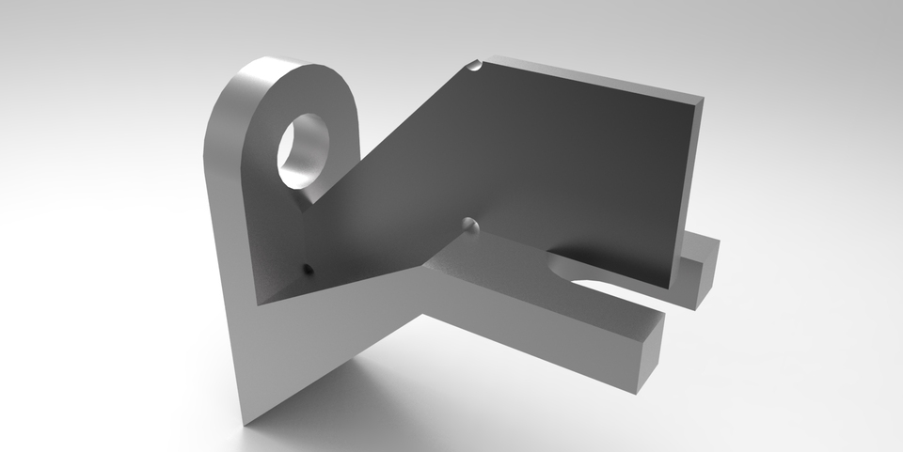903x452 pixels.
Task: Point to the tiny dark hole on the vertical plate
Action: (x=307, y=270)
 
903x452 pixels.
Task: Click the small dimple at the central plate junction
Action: (x=471, y=226)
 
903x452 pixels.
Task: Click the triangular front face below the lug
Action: (x=282, y=348)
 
